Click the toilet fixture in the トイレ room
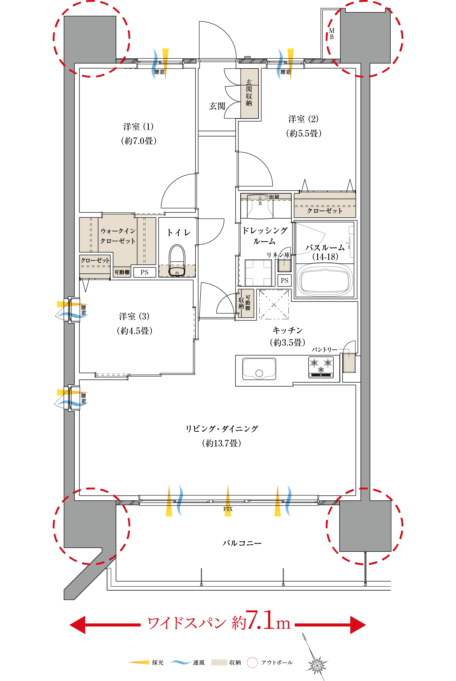tap(177, 260)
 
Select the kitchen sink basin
tap(259, 369)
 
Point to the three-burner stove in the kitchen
tap(321, 367)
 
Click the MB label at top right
tap(331, 34)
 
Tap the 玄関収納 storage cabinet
tap(249, 93)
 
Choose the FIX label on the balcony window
tap(228, 509)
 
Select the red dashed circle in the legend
tap(252, 662)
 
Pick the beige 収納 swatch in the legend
tap(219, 662)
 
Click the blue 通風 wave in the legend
tap(180, 662)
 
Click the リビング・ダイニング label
tap(222, 429)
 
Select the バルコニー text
tap(242, 543)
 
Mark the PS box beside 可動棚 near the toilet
tap(144, 272)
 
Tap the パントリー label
tap(325, 349)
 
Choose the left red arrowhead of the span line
tap(77, 625)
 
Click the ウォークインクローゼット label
tap(118, 236)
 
